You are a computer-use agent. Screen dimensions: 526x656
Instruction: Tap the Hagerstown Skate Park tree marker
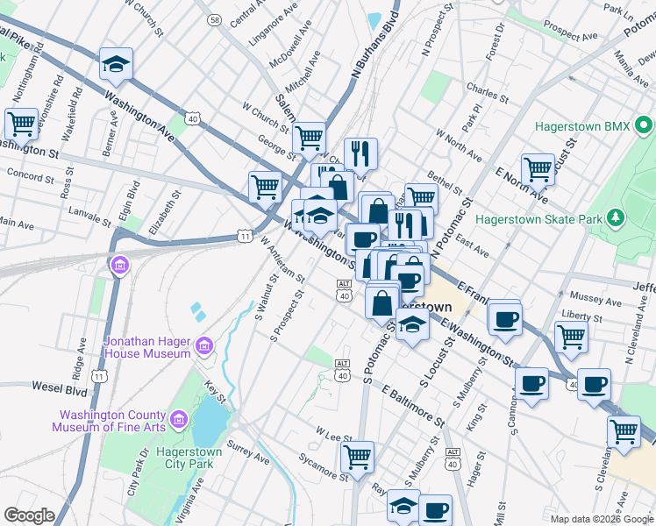[x=617, y=217]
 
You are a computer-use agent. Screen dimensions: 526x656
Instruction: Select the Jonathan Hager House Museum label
[x=147, y=346]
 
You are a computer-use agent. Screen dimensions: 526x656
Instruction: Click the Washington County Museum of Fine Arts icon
[x=179, y=421]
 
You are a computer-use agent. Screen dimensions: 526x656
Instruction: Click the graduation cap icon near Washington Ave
[x=115, y=64]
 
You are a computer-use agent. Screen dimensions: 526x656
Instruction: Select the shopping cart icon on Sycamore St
[x=358, y=456]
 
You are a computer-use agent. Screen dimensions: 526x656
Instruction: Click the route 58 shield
[x=215, y=18]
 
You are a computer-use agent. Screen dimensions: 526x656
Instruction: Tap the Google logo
[x=30, y=515]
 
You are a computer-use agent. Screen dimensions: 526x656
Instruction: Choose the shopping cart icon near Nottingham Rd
[x=21, y=124]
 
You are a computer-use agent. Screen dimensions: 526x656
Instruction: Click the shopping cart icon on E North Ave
[x=537, y=169]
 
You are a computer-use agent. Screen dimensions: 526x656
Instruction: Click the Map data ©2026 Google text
[x=600, y=519]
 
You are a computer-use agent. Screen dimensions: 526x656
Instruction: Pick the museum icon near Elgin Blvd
[x=119, y=264]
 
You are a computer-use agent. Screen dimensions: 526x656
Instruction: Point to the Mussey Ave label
[x=595, y=297]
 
